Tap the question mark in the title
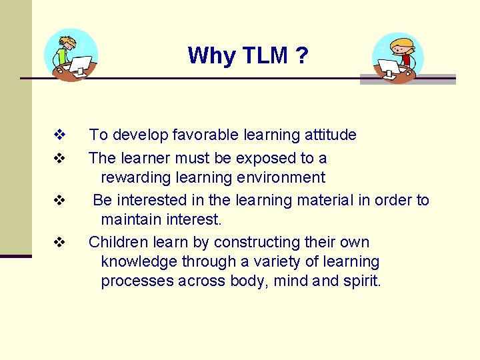pyautogui.click(x=302, y=55)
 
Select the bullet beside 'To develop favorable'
pyautogui.click(x=59, y=135)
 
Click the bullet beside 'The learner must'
pyautogui.click(x=59, y=159)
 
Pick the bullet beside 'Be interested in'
pyautogui.click(x=59, y=200)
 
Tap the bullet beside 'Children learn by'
pyautogui.click(x=59, y=242)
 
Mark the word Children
pyautogui.click(x=119, y=242)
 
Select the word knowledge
pyautogui.click(x=139, y=261)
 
